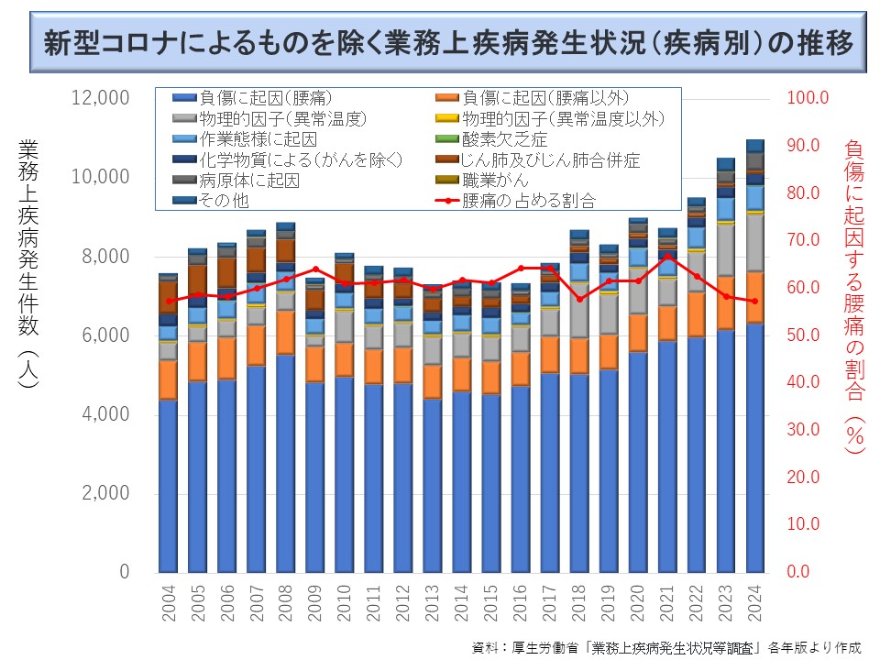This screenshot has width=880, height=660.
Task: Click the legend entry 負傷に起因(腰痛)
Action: pyautogui.click(x=265, y=97)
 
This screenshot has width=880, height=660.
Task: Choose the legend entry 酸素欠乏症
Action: pyautogui.click(x=504, y=139)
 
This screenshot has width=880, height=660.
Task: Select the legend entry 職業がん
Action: pyautogui.click(x=495, y=181)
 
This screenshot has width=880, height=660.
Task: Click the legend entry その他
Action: pyautogui.click(x=224, y=201)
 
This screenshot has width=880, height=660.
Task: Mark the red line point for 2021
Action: pyautogui.click(x=668, y=256)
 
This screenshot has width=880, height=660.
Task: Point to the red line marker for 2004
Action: pyautogui.click(x=169, y=301)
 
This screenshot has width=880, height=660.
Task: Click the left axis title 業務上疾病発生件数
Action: pyautogui.click(x=27, y=266)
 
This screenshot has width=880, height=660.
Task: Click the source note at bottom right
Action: pyautogui.click(x=666, y=647)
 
